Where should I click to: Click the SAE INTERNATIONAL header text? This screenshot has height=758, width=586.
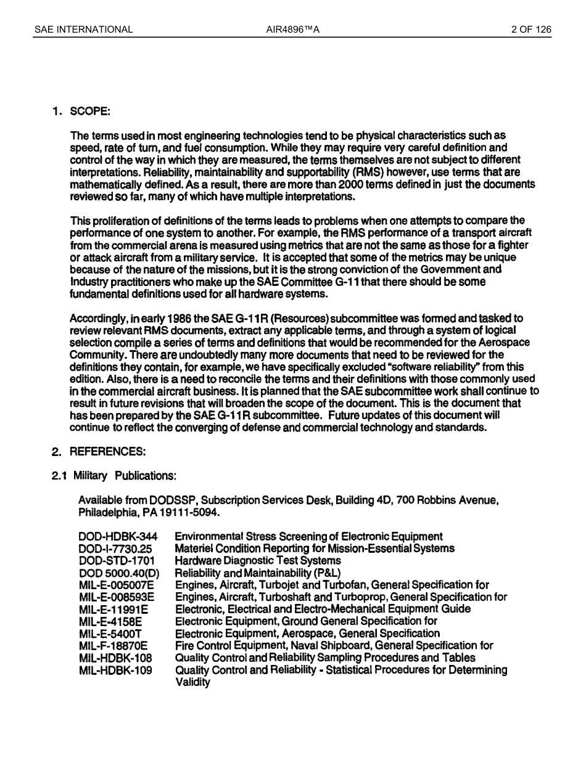[x=83, y=29]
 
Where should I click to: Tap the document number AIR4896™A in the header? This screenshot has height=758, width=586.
[x=292, y=29]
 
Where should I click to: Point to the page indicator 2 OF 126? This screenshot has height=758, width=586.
[x=531, y=29]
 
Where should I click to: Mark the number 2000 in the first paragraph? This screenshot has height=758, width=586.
[x=351, y=185]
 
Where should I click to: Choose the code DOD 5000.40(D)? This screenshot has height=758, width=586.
[x=118, y=573]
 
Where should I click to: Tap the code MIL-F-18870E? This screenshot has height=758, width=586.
[x=113, y=646]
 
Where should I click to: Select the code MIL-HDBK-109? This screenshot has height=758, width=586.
[x=115, y=670]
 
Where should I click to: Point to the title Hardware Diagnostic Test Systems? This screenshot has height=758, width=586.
[x=257, y=561]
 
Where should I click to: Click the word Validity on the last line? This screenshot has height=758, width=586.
[x=192, y=682]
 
